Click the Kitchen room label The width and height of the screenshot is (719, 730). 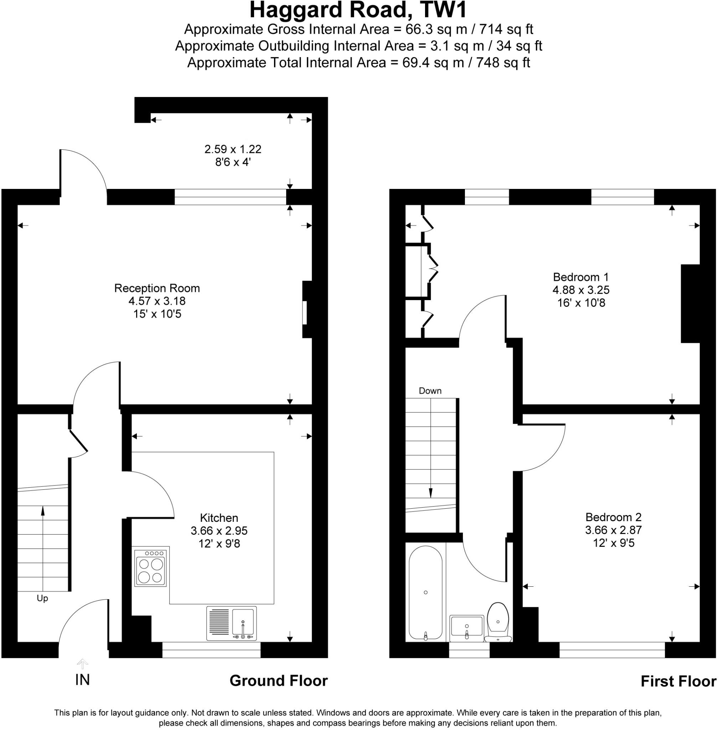pyautogui.click(x=219, y=518)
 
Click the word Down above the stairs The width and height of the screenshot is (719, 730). pyautogui.click(x=430, y=391)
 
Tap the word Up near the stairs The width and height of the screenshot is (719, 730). pyautogui.click(x=42, y=598)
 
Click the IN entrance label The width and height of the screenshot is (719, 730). pyautogui.click(x=82, y=680)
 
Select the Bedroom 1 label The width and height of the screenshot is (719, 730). pyautogui.click(x=581, y=277)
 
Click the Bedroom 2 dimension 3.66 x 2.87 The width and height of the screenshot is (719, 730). pyautogui.click(x=613, y=530)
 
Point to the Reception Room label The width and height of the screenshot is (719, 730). pyautogui.click(x=157, y=288)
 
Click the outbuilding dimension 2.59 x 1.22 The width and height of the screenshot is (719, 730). pyautogui.click(x=233, y=149)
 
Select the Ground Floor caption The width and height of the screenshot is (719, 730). pyautogui.click(x=279, y=681)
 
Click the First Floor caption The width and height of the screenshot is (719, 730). pyautogui.click(x=678, y=682)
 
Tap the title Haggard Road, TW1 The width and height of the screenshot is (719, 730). pyautogui.click(x=358, y=10)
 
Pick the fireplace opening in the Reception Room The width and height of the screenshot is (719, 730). pyautogui.click(x=304, y=313)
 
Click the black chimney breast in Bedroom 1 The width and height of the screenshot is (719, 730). pyautogui.click(x=690, y=304)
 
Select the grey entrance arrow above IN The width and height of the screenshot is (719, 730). pyautogui.click(x=82, y=663)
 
